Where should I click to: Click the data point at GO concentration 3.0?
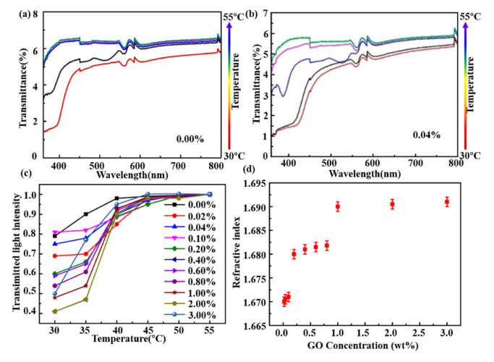click(x=447, y=202)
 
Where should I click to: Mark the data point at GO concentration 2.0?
click(x=392, y=204)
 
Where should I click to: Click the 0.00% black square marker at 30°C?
click(x=55, y=235)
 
